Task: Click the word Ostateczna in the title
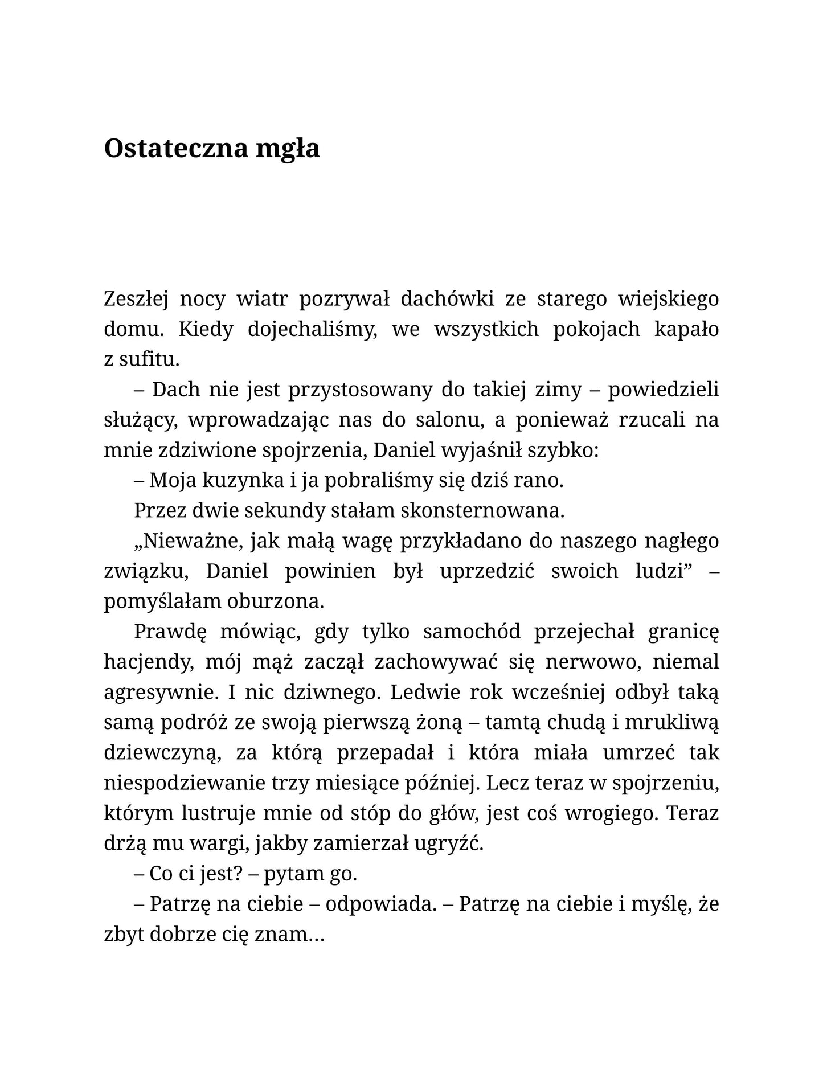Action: pos(176,149)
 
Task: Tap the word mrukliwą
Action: pos(672,723)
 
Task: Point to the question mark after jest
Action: pos(239,874)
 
